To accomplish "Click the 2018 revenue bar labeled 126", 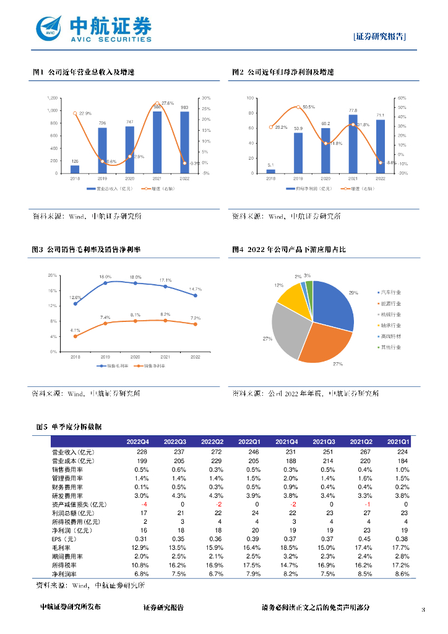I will (x=75, y=169).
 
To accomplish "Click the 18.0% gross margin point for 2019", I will (x=105, y=282).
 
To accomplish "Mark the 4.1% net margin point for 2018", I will (x=75, y=336).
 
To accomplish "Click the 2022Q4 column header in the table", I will (x=137, y=441).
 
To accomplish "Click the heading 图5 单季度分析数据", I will (x=70, y=427).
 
